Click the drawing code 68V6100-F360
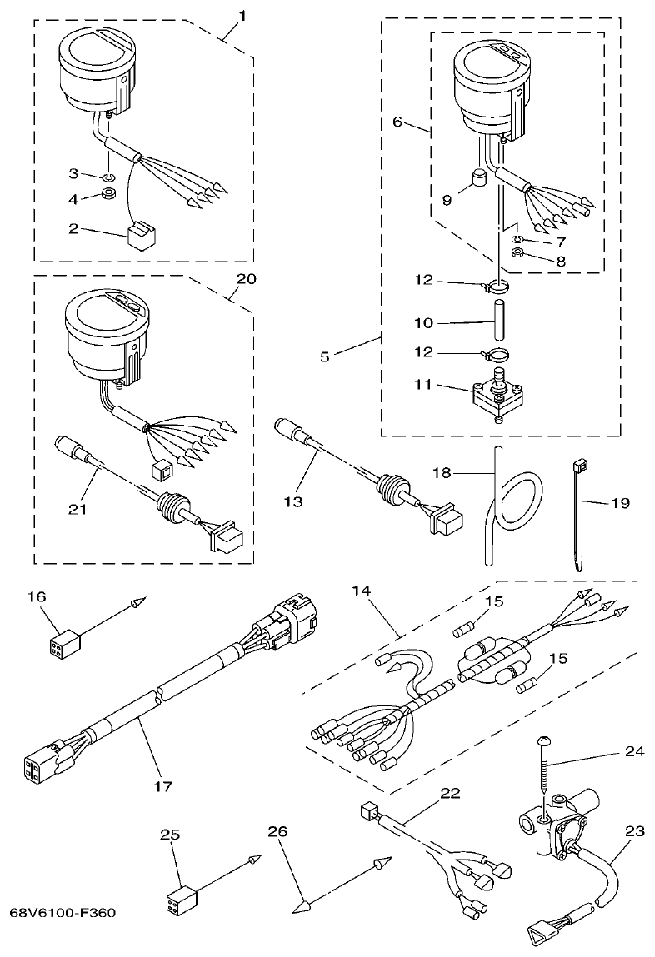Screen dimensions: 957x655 pos(62,912)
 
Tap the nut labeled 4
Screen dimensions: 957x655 pos(110,197)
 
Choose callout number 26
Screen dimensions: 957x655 pos(279,831)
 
